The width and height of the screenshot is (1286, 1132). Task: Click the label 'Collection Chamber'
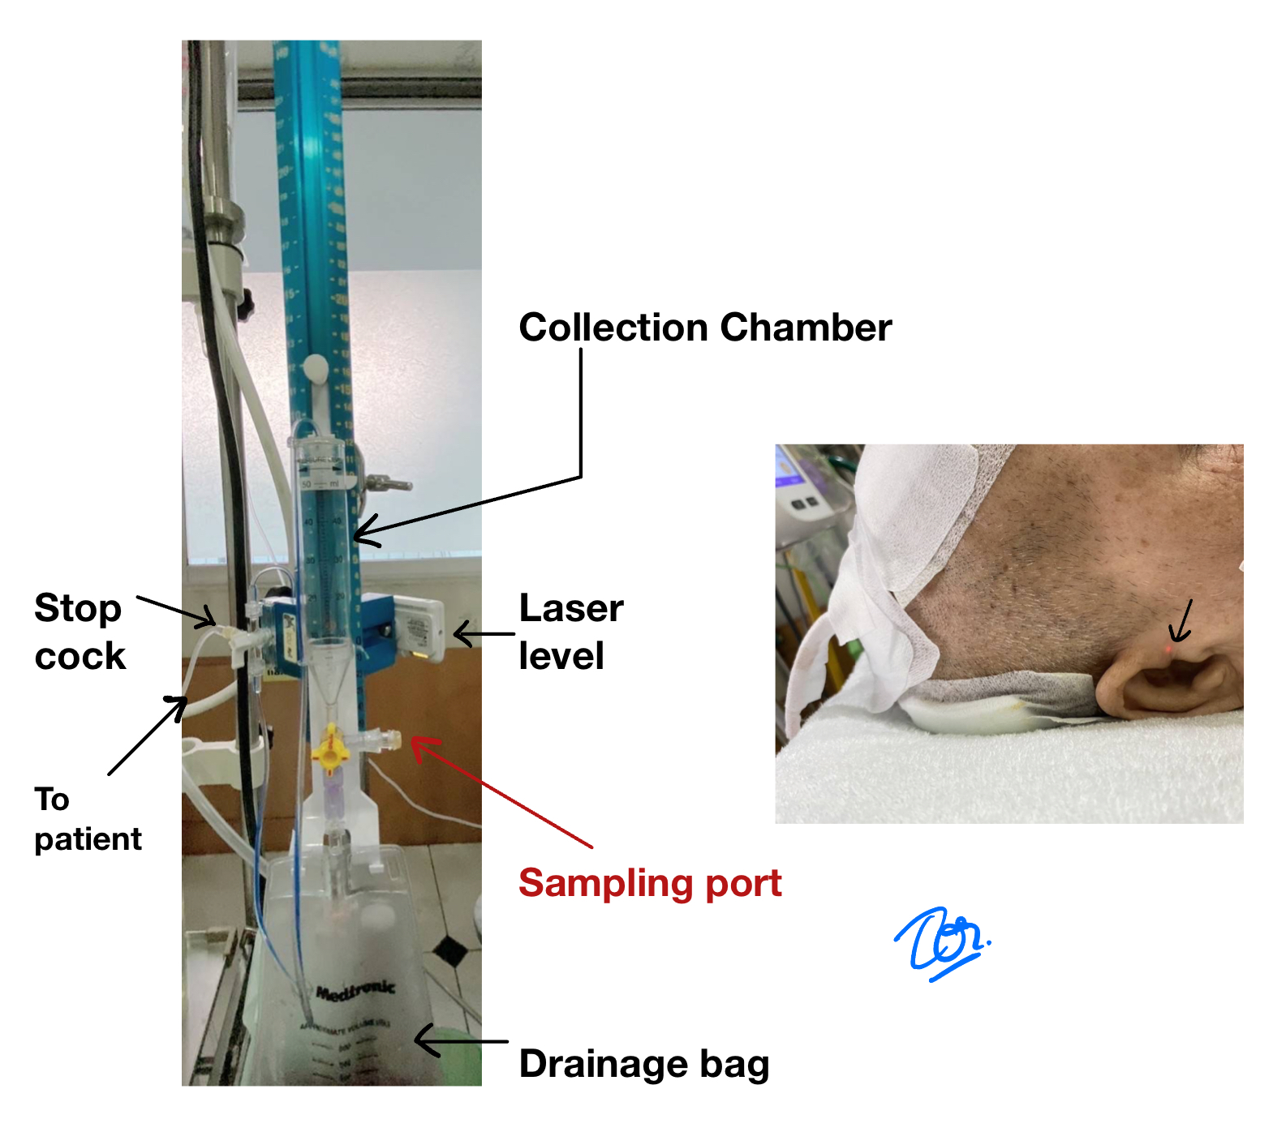coord(704,328)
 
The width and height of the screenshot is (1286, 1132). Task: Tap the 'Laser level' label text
coord(570,632)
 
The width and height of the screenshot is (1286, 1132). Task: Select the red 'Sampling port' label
coord(650,883)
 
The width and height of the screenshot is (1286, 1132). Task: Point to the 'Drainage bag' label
coord(643,1064)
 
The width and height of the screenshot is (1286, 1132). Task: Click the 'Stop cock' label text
coord(80,632)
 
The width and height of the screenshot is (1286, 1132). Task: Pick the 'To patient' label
coord(87,819)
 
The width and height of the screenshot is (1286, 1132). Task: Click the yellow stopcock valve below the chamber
coord(329,748)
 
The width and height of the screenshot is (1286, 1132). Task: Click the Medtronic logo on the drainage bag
coord(355,990)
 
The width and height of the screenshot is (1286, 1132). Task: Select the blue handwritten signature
coord(940,942)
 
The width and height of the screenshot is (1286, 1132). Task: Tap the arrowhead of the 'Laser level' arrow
coord(457,634)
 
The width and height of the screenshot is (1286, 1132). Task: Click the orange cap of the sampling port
coord(394,739)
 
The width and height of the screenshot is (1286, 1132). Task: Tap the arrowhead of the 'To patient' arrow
coord(182,701)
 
